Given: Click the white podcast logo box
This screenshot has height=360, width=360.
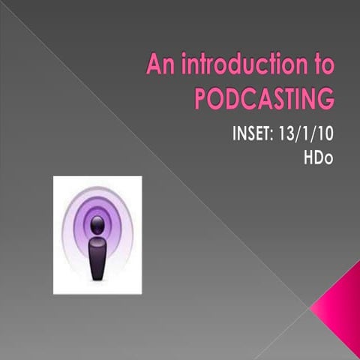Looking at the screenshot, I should pyautogui.click(x=97, y=235).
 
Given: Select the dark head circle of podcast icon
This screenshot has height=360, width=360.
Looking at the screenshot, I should pyautogui.click(x=97, y=223).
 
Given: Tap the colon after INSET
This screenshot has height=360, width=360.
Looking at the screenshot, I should pyautogui.click(x=279, y=139).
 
